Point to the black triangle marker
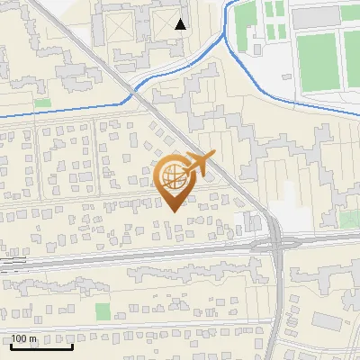pyautogui.click(x=181, y=24)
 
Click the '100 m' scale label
pyautogui.click(x=25, y=337)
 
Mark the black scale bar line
pyautogui.click(x=41, y=346)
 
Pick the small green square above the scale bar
pyautogui.click(x=102, y=311)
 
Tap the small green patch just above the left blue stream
pyautogui.click(x=42, y=103)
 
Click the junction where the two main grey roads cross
pyautogui.click(x=274, y=242)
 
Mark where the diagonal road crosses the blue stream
pyautogui.click(x=132, y=91)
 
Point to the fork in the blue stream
pyautogui.click(x=225, y=38)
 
